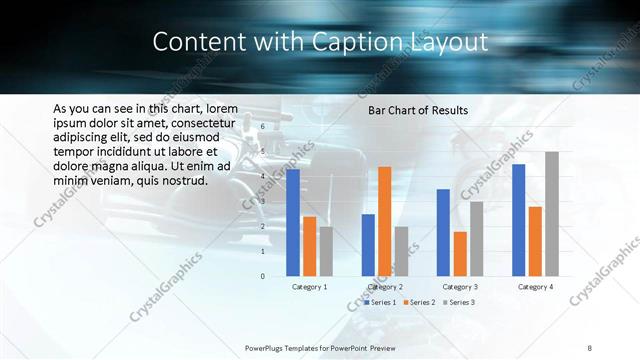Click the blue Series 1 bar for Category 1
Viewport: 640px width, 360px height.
[x=293, y=222]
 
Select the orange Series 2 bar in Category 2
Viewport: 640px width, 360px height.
[x=385, y=221]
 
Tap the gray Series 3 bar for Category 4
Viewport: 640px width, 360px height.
[x=552, y=213]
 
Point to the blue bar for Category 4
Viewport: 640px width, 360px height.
[x=518, y=220]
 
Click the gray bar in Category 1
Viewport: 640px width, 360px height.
[x=326, y=251]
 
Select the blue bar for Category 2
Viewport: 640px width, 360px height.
[x=368, y=245]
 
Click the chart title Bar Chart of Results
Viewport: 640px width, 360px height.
[x=418, y=110]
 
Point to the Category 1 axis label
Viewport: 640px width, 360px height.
[x=310, y=287]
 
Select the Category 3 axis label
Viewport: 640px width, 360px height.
[x=460, y=287]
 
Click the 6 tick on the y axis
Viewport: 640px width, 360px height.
[x=262, y=127]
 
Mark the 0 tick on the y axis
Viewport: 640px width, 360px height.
[x=262, y=276]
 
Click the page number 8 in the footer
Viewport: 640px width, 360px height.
[x=590, y=347]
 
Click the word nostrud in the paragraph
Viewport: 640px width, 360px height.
[x=180, y=181]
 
